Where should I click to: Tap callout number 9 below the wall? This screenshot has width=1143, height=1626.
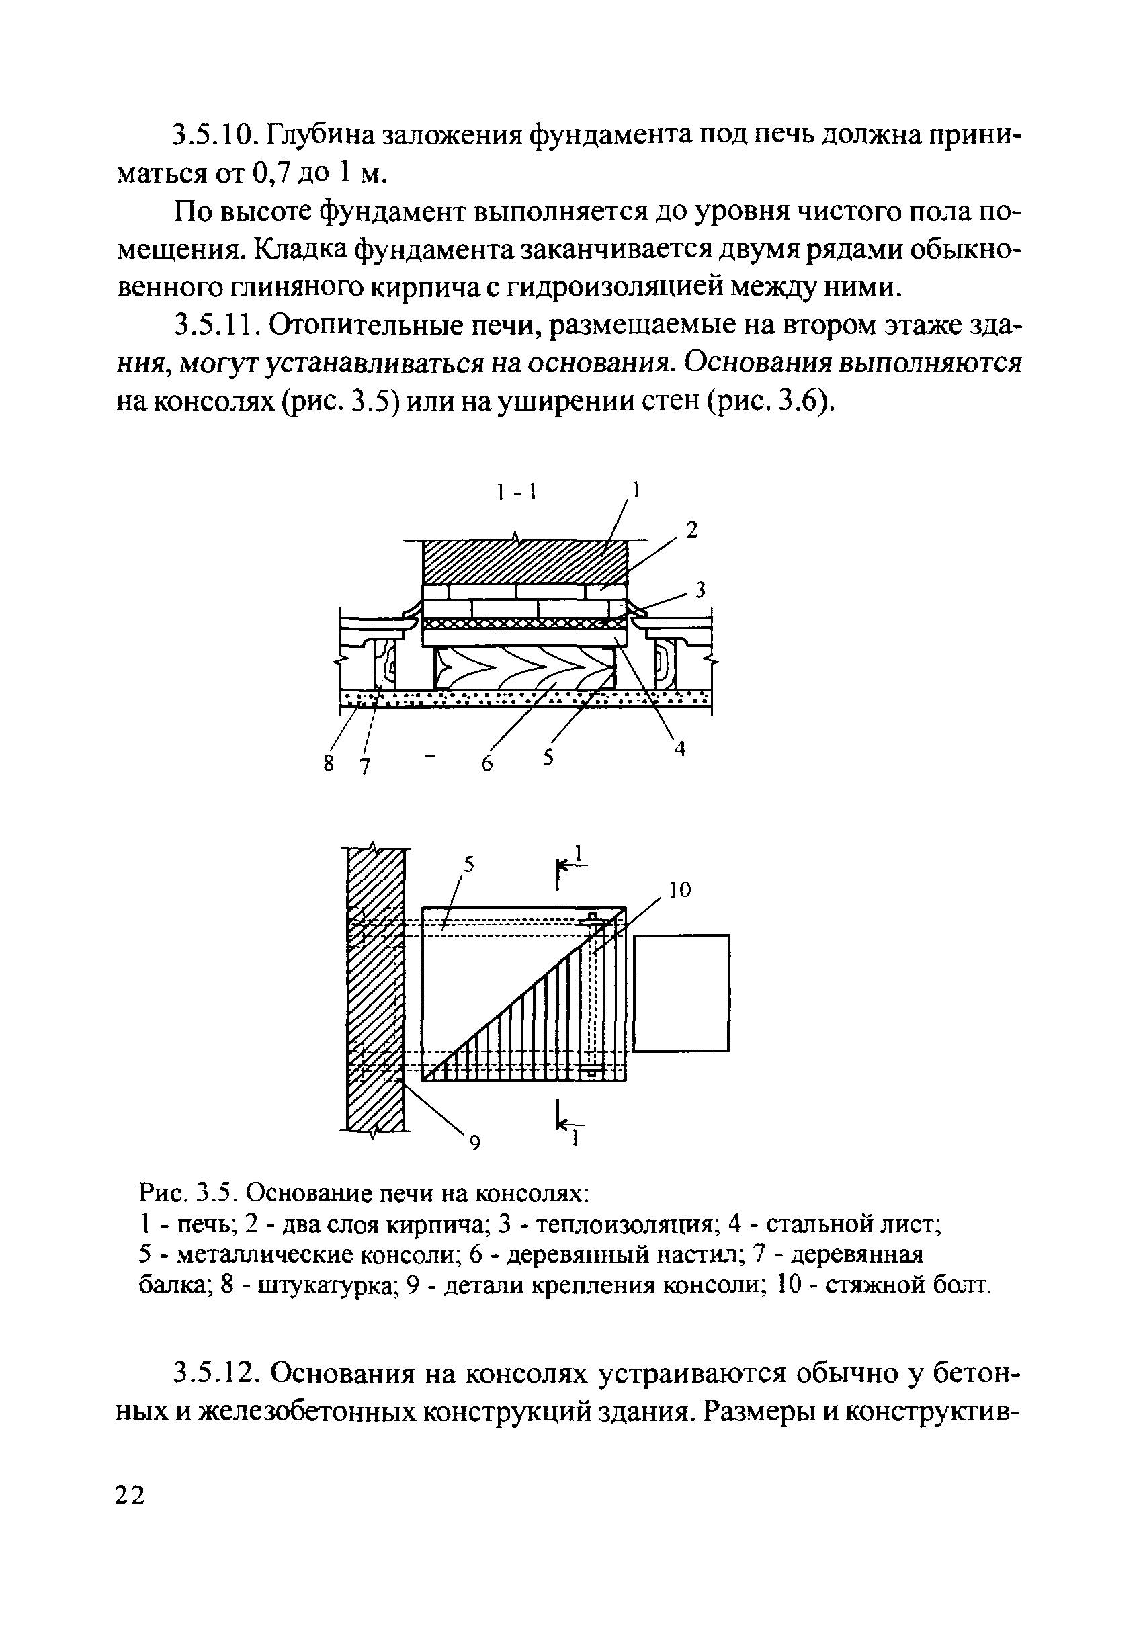click(x=475, y=1142)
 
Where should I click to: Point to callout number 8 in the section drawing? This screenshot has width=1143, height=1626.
click(x=329, y=763)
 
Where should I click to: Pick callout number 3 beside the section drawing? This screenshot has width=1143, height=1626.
click(x=700, y=590)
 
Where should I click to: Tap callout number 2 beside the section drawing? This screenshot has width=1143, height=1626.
click(x=692, y=529)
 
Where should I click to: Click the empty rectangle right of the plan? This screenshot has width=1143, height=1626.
click(x=681, y=992)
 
